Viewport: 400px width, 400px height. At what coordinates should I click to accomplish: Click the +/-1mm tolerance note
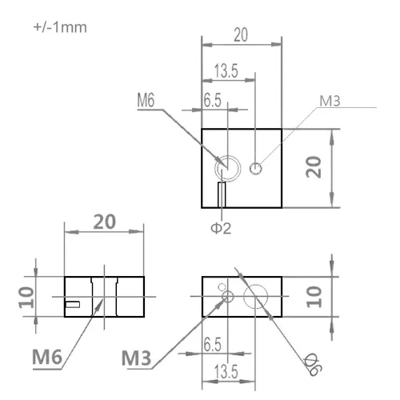click(x=60, y=27)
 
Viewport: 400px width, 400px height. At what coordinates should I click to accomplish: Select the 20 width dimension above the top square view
click(x=241, y=34)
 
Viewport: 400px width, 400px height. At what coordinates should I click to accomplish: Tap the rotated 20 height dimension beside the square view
click(x=314, y=167)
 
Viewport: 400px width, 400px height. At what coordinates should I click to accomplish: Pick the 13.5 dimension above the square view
click(x=226, y=70)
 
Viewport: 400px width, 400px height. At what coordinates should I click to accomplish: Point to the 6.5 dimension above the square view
click(x=213, y=100)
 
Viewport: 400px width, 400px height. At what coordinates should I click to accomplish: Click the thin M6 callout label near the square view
click(x=146, y=100)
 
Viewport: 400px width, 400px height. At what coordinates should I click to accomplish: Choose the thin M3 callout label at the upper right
click(x=330, y=101)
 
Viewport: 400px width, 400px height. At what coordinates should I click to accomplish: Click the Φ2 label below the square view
click(x=221, y=228)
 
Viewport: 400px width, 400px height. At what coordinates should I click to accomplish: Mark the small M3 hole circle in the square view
click(x=256, y=169)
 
